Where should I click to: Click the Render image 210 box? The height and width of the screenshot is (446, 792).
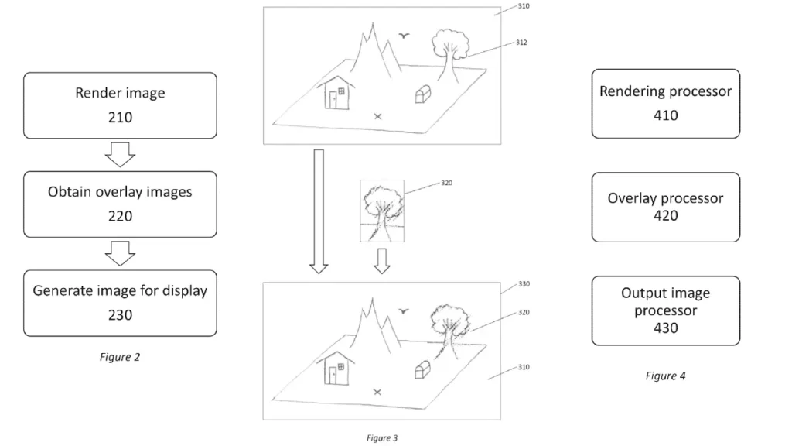[x=120, y=105]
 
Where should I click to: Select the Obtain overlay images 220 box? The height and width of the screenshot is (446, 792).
[x=120, y=204]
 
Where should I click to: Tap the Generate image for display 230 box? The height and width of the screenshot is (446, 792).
[x=120, y=303]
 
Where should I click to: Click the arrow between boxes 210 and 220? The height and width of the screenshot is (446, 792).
[x=120, y=154]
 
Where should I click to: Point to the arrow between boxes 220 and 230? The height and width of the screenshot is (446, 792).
[x=120, y=253]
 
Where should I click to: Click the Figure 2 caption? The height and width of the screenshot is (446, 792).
[x=120, y=357]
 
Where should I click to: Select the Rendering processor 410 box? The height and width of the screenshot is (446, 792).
[x=666, y=104]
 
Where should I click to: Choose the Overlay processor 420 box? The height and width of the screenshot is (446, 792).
[x=666, y=208]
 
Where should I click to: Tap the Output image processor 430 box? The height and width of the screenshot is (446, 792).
[x=666, y=311]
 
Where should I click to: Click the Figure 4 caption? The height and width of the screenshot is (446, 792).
[x=666, y=376]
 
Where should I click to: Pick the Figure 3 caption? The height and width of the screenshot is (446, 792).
[x=382, y=438]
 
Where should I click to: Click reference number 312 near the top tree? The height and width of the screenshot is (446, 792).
[x=521, y=43]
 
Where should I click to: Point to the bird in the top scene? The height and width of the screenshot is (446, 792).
[x=404, y=36]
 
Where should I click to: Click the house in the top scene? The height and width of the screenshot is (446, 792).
[x=336, y=93]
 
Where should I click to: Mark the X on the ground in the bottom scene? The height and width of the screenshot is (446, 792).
[x=377, y=392]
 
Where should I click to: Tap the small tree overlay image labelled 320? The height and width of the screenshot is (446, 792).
[x=382, y=211]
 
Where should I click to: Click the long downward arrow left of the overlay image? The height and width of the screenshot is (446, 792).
[x=319, y=211]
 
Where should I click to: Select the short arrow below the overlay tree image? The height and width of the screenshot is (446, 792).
[x=382, y=261]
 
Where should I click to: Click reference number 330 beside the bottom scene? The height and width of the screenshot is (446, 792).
[x=524, y=284]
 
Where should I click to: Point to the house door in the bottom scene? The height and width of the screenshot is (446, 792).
[x=333, y=376]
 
